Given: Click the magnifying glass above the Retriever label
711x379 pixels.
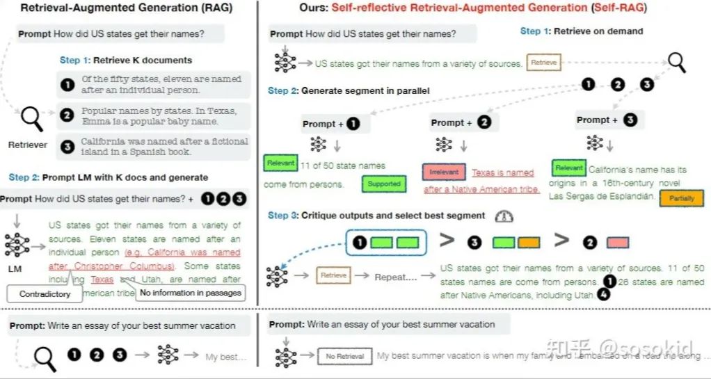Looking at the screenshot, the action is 32,118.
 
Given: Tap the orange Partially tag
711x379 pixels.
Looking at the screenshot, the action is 681,198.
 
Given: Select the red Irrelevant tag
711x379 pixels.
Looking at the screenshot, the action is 443,172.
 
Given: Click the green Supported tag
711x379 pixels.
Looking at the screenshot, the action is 384,184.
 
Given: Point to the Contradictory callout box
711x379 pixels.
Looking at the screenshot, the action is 45,293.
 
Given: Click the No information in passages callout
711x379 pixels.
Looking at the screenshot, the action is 191,293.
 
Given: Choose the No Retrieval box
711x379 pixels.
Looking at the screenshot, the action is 345,356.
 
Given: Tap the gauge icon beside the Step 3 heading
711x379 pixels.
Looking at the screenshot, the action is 503,216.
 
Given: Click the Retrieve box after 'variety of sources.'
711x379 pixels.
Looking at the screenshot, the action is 543,63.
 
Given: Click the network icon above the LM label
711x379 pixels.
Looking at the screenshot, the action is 16,245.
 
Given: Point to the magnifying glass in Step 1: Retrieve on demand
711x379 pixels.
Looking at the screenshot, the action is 676,62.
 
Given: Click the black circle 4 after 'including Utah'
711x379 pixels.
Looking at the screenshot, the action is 604,295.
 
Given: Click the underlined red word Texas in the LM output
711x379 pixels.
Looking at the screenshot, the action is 102,280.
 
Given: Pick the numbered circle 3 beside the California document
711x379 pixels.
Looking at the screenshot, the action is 67,147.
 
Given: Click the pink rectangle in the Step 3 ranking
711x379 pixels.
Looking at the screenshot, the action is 617,242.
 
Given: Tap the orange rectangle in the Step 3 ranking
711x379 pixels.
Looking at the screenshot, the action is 529,242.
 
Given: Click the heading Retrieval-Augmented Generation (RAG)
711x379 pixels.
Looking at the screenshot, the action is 127,8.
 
